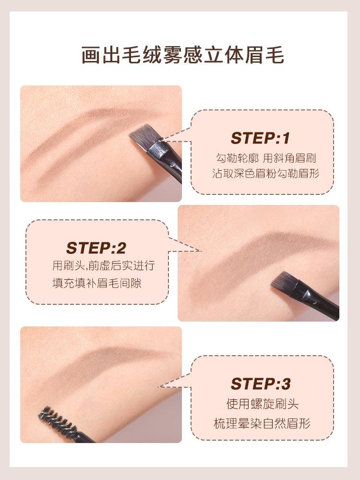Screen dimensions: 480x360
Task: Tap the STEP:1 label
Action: pyautogui.click(x=260, y=138)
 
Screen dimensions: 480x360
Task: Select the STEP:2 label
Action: pyautogui.click(x=96, y=248)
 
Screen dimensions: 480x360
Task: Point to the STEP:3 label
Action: pyautogui.click(x=261, y=384)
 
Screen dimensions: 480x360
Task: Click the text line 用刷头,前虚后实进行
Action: pyautogui.click(x=103, y=265)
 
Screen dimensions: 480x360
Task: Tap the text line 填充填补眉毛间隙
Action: pyautogui.click(x=96, y=283)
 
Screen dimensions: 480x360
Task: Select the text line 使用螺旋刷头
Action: pyautogui.click(x=262, y=404)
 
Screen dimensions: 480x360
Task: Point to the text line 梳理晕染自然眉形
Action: pyautogui.click(x=262, y=423)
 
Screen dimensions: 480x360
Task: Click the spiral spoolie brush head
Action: pyautogui.click(x=58, y=420)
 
